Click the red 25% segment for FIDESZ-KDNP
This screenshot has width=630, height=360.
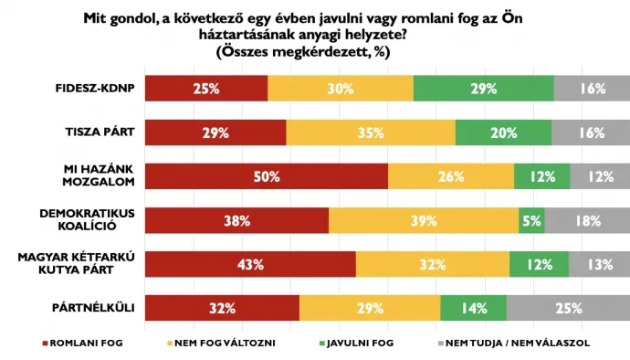point(206,90)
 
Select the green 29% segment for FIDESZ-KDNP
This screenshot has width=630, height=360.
point(483,90)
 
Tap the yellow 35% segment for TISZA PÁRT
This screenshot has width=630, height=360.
point(371,133)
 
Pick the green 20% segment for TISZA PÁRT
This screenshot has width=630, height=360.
point(504,133)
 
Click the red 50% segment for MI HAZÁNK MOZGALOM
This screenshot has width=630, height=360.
point(267,176)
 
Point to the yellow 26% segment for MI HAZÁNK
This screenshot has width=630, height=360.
point(451,176)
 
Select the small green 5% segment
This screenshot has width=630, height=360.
point(531,220)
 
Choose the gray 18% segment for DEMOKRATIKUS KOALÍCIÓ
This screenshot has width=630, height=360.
point(587,220)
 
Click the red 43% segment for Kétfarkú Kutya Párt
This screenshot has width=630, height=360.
point(250,264)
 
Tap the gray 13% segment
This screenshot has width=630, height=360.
point(599,264)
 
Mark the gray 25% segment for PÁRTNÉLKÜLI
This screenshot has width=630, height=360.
point(568,308)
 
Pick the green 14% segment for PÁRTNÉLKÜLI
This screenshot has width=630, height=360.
point(473,308)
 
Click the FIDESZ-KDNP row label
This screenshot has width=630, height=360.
point(95,90)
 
